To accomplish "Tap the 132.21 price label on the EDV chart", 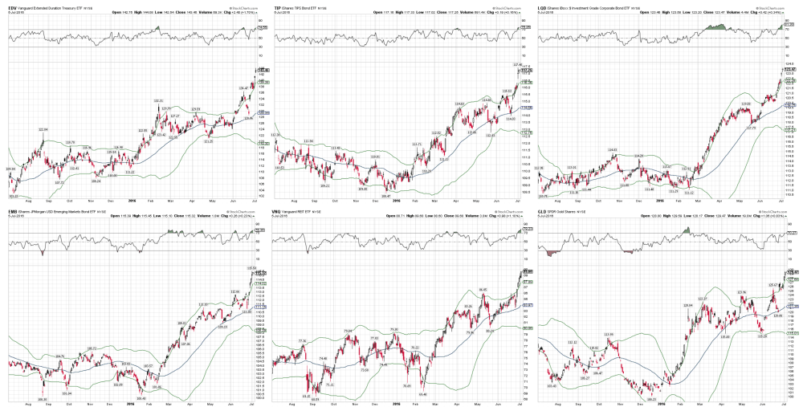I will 158,100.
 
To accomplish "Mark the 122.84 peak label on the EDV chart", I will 45,129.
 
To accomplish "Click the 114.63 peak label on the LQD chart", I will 612,149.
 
